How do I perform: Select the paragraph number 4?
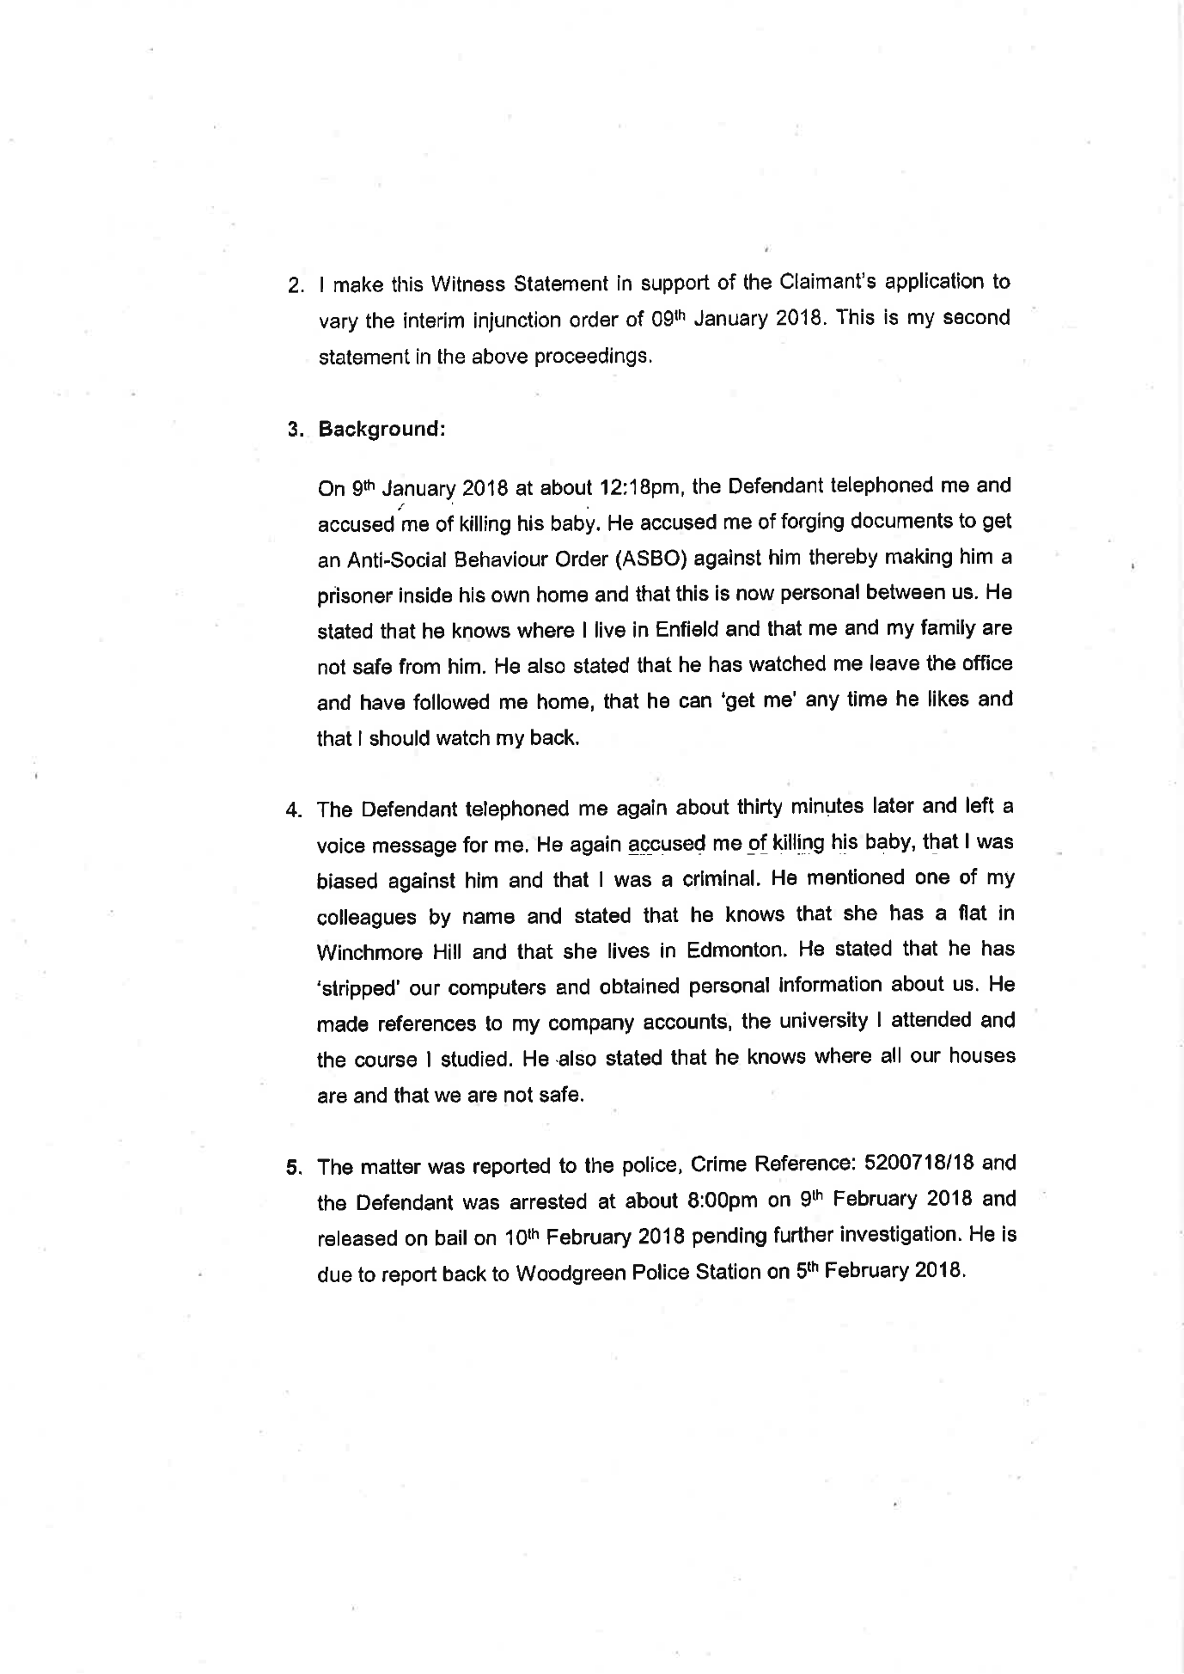coord(295,810)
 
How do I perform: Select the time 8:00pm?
coord(719,1201)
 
